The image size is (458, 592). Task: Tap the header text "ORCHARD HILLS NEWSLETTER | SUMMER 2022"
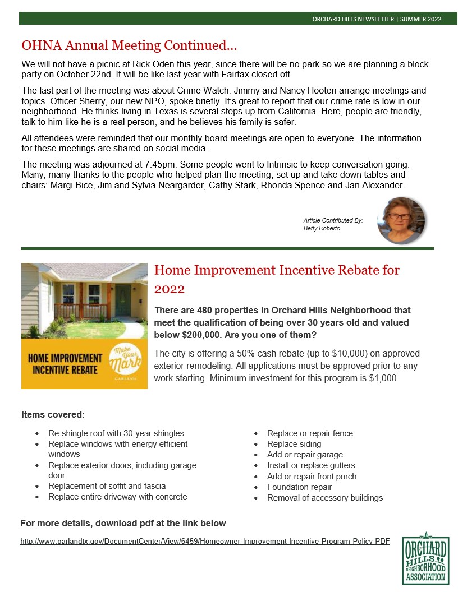[x=377, y=19]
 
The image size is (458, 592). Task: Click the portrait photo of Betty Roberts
[x=401, y=220]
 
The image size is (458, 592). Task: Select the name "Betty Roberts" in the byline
[x=322, y=229]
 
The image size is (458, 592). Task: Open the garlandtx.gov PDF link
[x=205, y=541]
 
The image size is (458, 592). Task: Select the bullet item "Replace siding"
[x=294, y=444]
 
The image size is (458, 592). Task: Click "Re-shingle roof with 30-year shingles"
[x=116, y=433]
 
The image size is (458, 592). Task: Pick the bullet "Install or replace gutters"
[x=311, y=465]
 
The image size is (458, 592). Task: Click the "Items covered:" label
[x=53, y=415]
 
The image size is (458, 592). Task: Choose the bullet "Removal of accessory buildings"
[x=325, y=498]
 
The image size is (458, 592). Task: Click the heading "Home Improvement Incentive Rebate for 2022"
[x=277, y=279]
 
